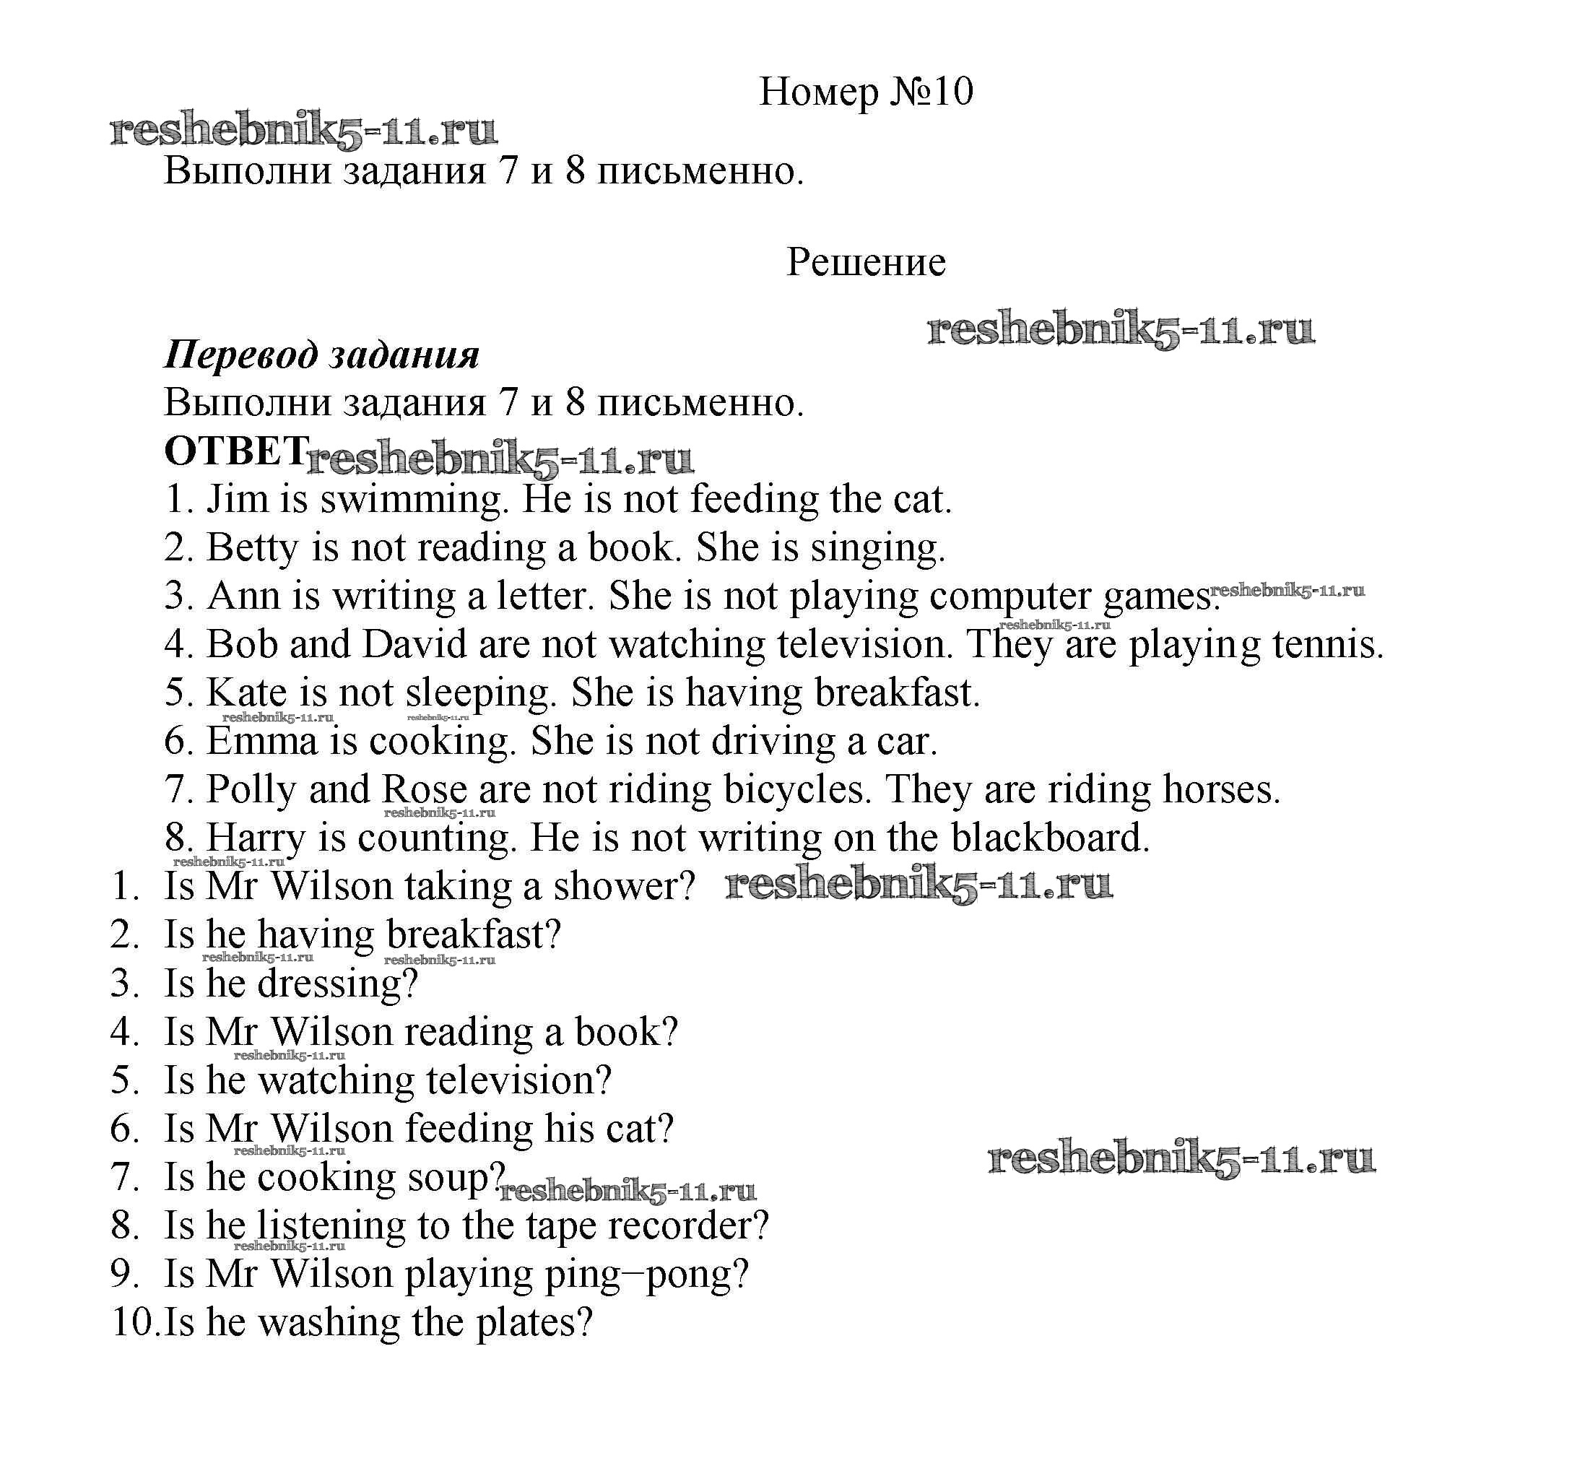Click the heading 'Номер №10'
coord(865,92)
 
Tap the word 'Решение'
coord(865,262)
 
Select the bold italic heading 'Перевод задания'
coord(321,355)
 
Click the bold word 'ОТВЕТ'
coord(235,451)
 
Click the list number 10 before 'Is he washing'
coord(132,1323)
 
